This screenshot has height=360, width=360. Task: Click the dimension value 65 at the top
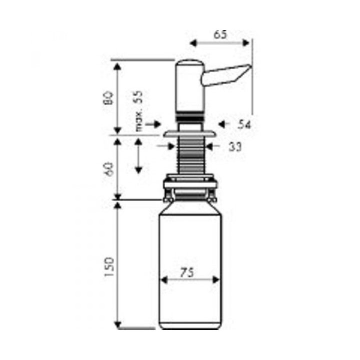(x=220, y=34)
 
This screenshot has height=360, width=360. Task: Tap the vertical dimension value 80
(x=108, y=98)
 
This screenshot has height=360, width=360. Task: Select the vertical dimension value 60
(x=109, y=169)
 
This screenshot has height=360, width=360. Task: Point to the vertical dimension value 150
(x=109, y=267)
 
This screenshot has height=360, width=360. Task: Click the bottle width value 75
(x=186, y=272)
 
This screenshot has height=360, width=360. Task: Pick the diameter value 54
(x=244, y=124)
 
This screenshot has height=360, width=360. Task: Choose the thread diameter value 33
(x=235, y=147)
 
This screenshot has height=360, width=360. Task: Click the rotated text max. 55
(x=139, y=111)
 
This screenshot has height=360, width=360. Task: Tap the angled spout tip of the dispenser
(x=248, y=67)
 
